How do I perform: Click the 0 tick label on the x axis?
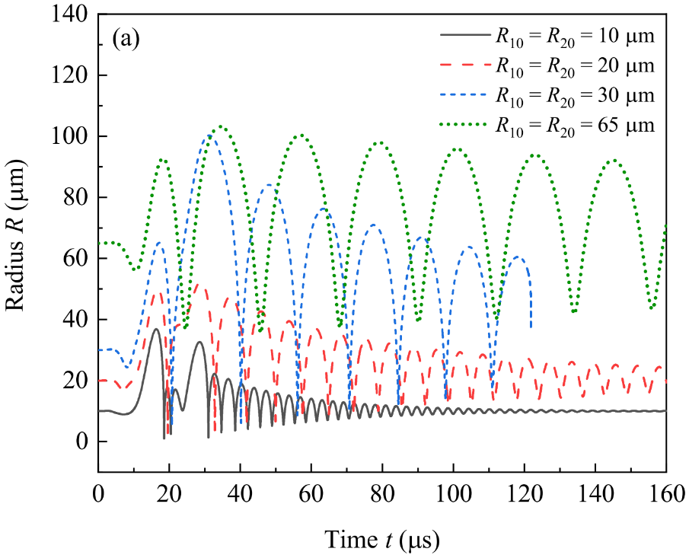[x=98, y=493]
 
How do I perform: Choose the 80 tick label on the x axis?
[x=382, y=493]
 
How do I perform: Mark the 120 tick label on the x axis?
[x=524, y=493]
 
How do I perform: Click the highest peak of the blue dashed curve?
[x=207, y=137]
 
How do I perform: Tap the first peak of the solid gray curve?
[x=156, y=329]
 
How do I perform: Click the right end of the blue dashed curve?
[x=531, y=327]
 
